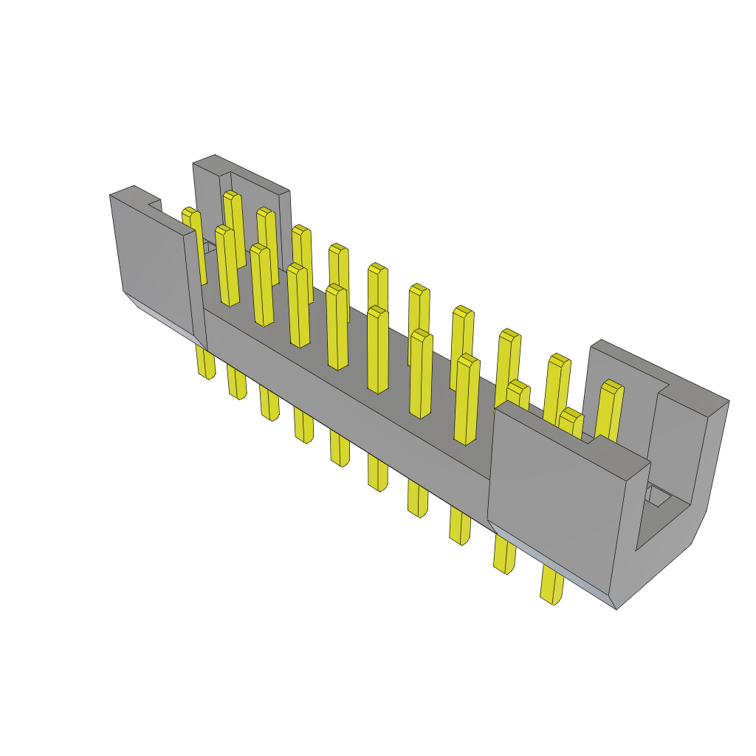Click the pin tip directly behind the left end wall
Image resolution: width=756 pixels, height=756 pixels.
tap(190, 214)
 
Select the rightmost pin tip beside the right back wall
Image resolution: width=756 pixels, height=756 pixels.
tap(611, 387)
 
